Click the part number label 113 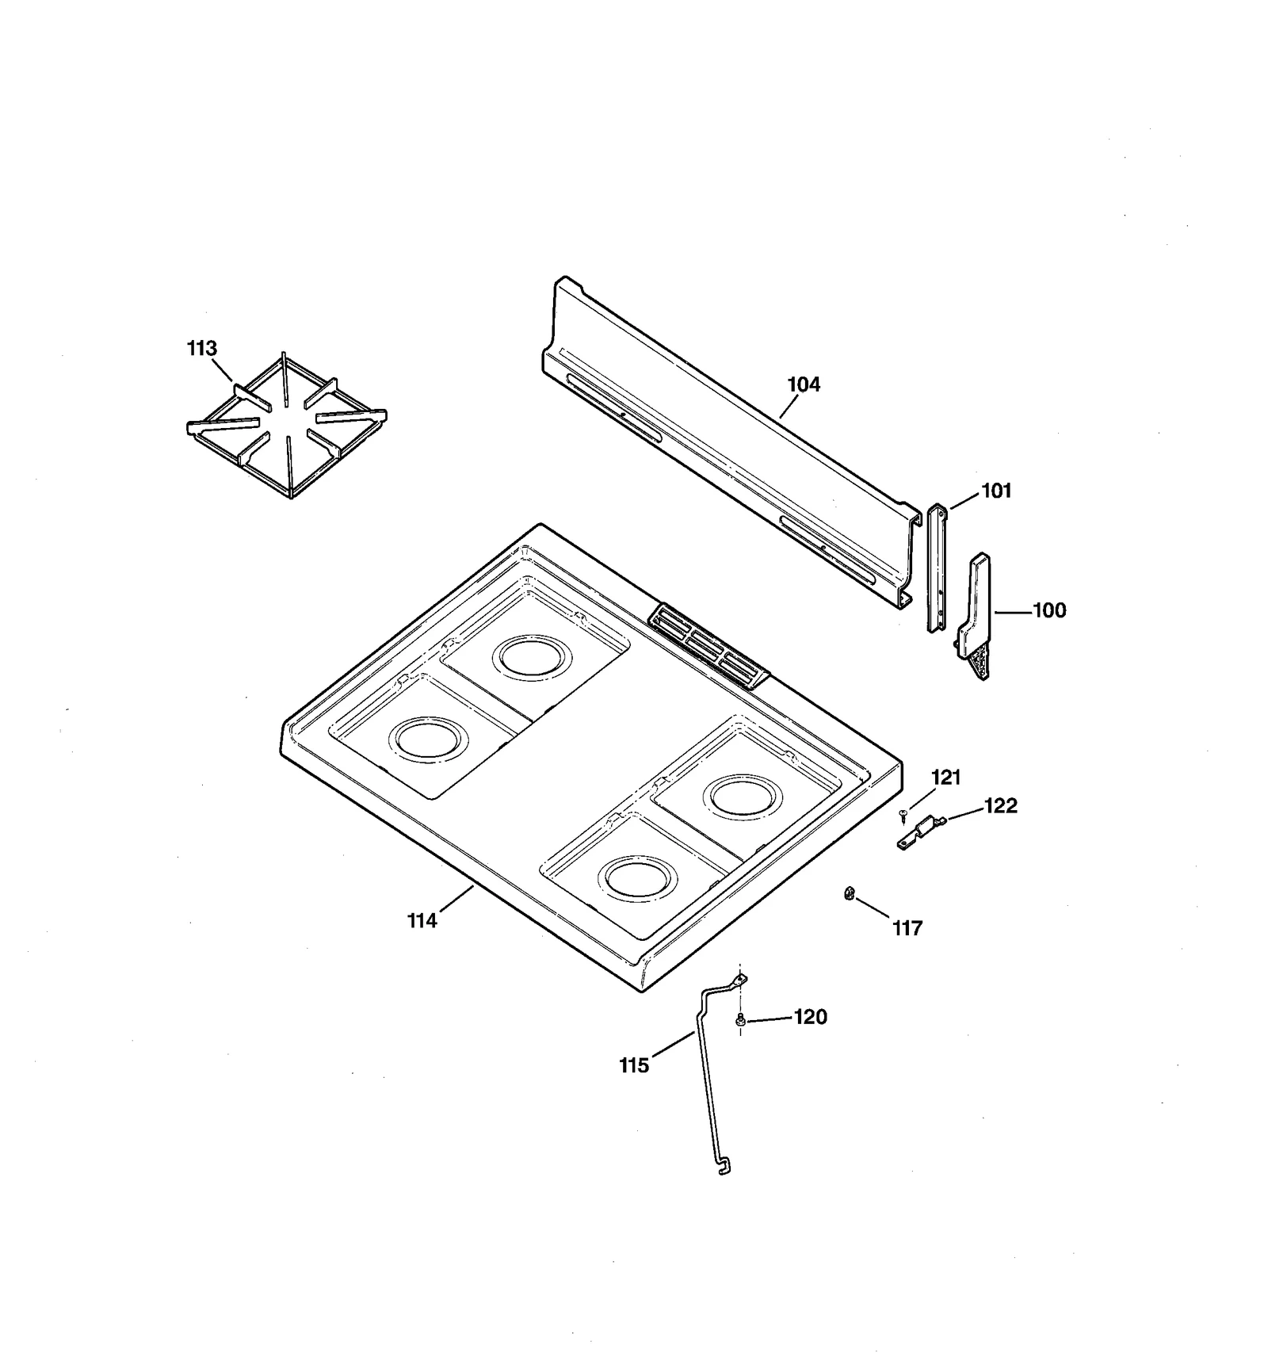pyautogui.click(x=201, y=348)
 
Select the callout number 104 pyautogui.click(x=804, y=384)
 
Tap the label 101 pyautogui.click(x=996, y=491)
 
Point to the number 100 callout pyautogui.click(x=1049, y=610)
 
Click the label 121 pyautogui.click(x=945, y=778)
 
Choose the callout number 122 pyautogui.click(x=1000, y=805)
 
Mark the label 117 pyautogui.click(x=907, y=928)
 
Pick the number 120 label pyautogui.click(x=811, y=1017)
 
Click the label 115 pyautogui.click(x=634, y=1066)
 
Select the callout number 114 pyautogui.click(x=422, y=920)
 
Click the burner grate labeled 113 pyautogui.click(x=287, y=428)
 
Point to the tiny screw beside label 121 pyautogui.click(x=903, y=815)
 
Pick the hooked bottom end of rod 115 pyautogui.click(x=724, y=1168)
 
